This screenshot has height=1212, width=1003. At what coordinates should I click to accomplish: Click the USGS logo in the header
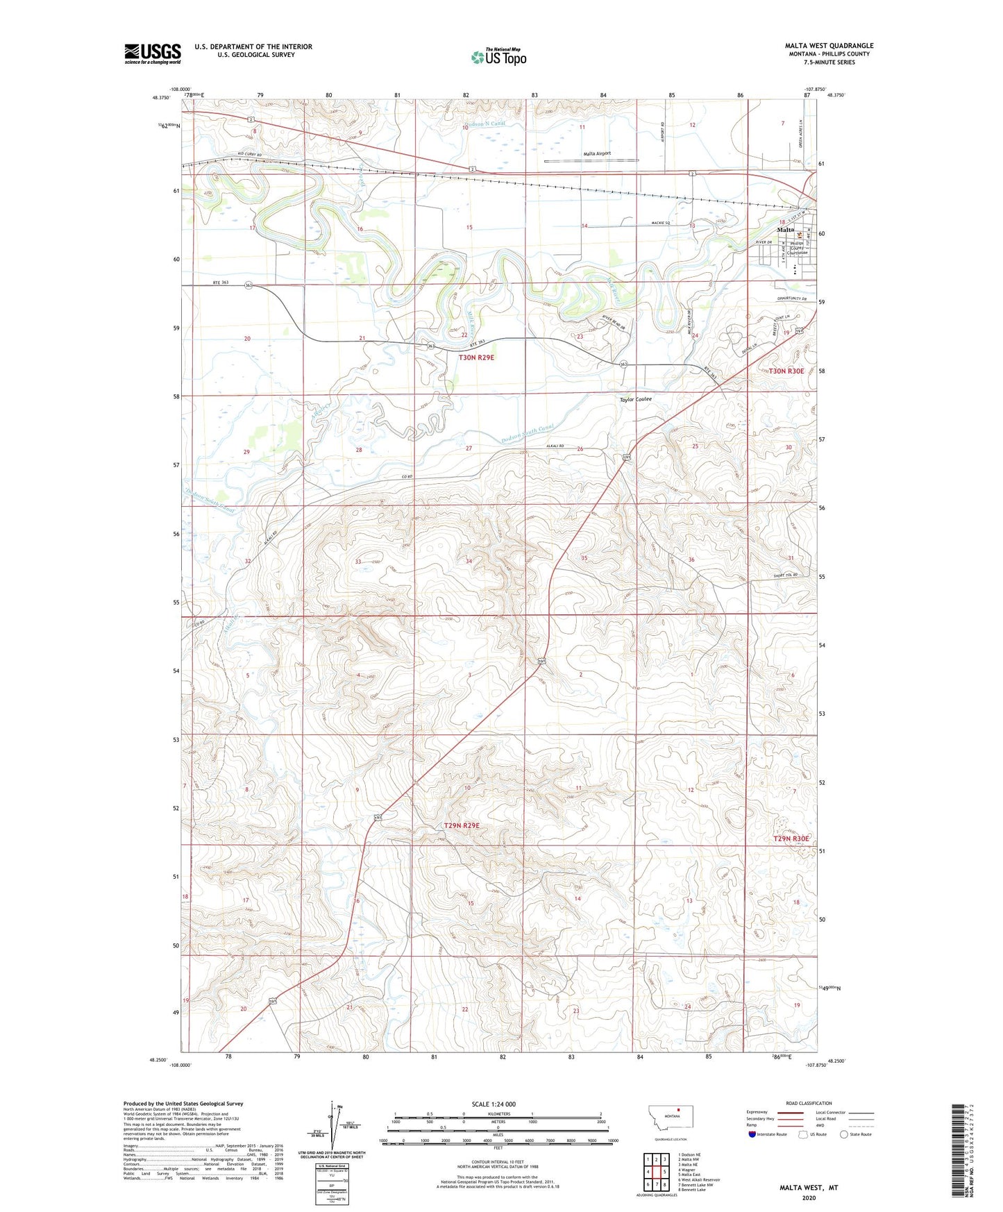click(x=152, y=53)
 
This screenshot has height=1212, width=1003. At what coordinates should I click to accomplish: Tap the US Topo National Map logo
click(x=498, y=56)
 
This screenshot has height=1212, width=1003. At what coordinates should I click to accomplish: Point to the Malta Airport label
click(x=597, y=153)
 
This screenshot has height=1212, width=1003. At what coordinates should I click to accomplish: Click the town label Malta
click(x=785, y=229)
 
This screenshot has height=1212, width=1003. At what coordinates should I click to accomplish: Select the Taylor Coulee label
click(x=635, y=399)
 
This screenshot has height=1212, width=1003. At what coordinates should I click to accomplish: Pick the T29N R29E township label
click(x=462, y=825)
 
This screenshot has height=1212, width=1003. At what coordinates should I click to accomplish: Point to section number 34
click(x=469, y=561)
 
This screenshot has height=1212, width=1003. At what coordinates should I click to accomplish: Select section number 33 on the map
click(x=358, y=562)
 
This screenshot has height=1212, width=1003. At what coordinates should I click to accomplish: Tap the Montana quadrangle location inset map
click(x=670, y=1120)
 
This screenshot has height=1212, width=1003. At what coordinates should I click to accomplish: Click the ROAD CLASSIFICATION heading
click(x=809, y=1103)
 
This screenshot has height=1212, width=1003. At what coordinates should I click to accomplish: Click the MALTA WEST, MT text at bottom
click(x=808, y=1188)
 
